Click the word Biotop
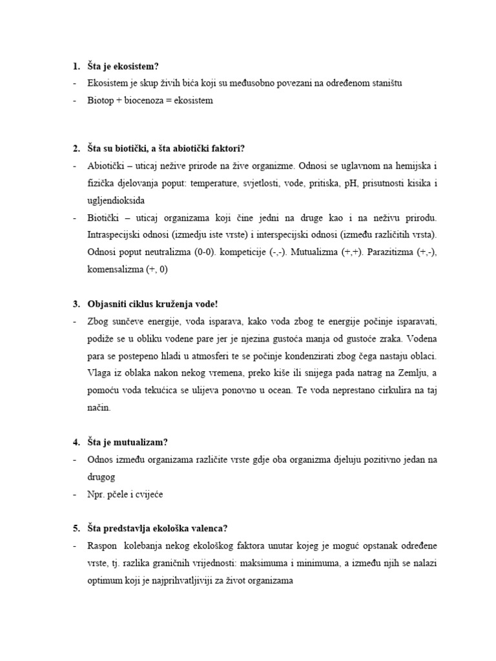coord(101,101)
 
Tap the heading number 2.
coord(75,149)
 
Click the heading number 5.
coord(75,528)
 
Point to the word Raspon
coord(103,545)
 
